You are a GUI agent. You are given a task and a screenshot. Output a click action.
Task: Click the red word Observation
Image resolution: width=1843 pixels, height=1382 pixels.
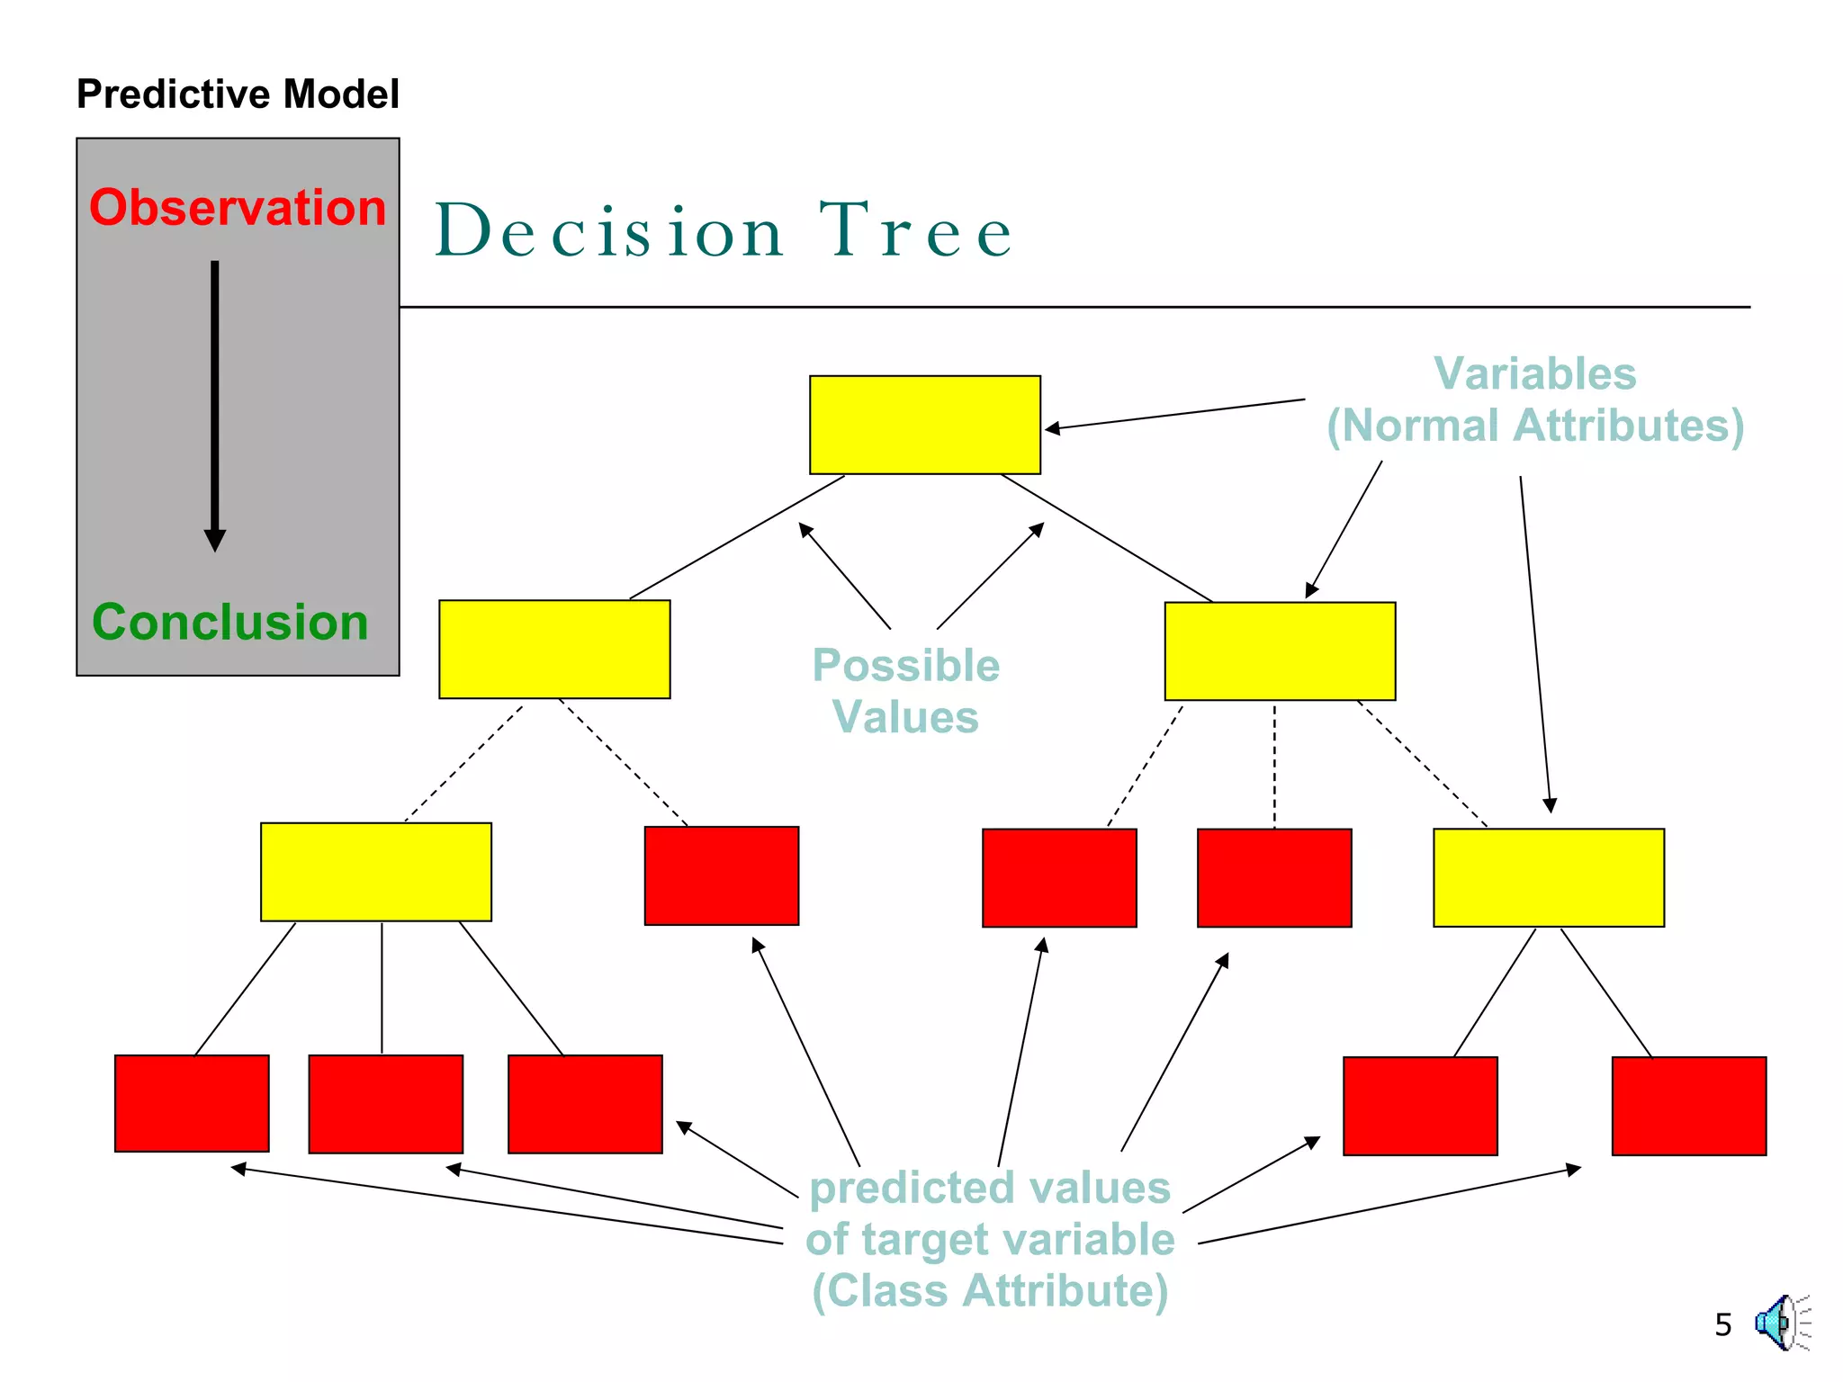pyautogui.click(x=238, y=208)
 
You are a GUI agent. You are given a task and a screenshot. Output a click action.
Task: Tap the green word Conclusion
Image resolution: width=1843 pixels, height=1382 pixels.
pyautogui.click(x=230, y=622)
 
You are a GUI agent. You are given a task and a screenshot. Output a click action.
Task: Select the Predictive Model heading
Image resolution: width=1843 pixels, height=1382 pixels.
pyautogui.click(x=238, y=94)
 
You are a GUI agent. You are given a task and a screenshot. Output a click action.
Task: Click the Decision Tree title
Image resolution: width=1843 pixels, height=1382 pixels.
pyautogui.click(x=724, y=231)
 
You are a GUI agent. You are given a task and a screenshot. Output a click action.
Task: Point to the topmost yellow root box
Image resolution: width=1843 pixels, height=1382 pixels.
pyautogui.click(x=924, y=425)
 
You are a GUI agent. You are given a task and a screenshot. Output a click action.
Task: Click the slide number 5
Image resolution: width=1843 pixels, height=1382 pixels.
pyautogui.click(x=1722, y=1324)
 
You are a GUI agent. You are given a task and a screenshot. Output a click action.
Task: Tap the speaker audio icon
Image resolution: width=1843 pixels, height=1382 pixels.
pyautogui.click(x=1779, y=1323)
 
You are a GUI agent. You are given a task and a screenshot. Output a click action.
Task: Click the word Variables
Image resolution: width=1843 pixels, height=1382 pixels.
pyautogui.click(x=1534, y=373)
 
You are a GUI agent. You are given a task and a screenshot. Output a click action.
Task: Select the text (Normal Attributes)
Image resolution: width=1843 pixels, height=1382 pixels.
pyautogui.click(x=1535, y=426)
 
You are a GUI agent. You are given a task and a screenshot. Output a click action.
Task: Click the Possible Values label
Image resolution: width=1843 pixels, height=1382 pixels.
pyautogui.click(x=905, y=691)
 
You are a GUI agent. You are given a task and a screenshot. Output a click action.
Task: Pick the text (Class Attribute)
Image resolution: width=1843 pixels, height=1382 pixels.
pyautogui.click(x=990, y=1290)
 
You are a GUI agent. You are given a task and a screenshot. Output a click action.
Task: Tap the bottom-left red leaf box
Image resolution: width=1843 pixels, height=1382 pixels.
pyautogui.click(x=192, y=1103)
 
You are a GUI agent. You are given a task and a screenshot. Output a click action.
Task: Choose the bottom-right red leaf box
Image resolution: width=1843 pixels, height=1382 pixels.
pyautogui.click(x=1688, y=1106)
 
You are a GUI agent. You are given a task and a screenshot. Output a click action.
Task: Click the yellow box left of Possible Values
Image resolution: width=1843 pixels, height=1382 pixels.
pyautogui.click(x=554, y=649)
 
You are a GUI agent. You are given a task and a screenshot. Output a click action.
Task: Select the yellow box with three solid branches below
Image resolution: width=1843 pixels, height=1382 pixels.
pyautogui.click(x=376, y=871)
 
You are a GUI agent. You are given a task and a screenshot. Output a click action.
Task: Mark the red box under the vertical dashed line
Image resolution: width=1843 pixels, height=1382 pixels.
pyautogui.click(x=1273, y=877)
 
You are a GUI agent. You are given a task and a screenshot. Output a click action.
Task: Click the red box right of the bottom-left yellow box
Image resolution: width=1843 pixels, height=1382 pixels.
pyautogui.click(x=721, y=875)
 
